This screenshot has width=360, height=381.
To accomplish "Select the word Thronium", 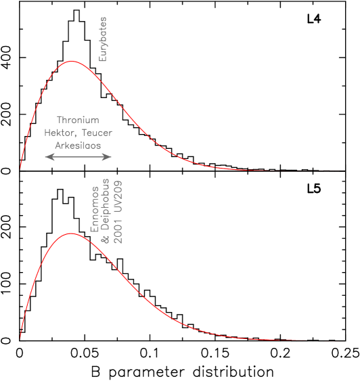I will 78,120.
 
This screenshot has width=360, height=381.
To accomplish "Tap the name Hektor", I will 58,133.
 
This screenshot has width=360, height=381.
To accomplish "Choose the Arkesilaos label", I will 78,145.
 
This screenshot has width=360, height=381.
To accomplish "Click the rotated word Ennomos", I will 95,210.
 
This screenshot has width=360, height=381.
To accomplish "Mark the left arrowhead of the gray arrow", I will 47,157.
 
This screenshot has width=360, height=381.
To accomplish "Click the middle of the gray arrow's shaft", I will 78,157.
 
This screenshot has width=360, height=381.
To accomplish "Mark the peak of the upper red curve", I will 70,61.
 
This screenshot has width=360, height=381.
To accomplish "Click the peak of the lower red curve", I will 70,233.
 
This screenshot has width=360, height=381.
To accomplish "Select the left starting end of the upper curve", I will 20,169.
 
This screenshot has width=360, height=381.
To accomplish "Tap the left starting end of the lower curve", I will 20,338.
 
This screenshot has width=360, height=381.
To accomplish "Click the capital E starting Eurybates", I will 103,58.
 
